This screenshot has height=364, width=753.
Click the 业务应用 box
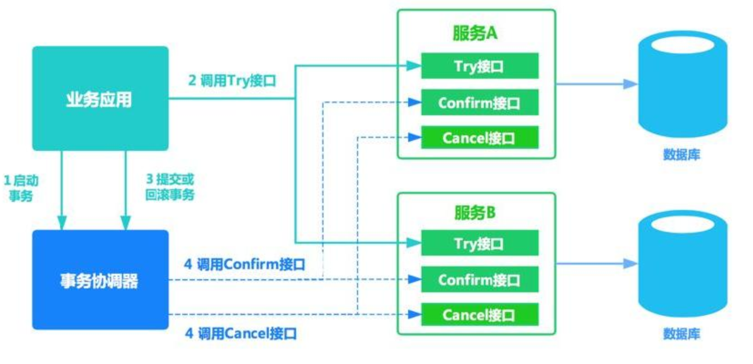(100, 98)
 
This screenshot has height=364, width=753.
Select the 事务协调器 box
(100, 280)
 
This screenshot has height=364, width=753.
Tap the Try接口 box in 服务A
(479, 66)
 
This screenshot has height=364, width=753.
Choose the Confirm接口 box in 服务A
(479, 103)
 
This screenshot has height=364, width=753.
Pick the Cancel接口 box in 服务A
(479, 138)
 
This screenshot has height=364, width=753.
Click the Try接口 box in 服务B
(479, 243)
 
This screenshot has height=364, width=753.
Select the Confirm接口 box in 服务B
(479, 279)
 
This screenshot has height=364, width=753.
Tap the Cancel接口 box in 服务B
(479, 314)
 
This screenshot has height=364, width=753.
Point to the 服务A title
(475, 33)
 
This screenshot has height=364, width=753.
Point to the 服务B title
(475, 213)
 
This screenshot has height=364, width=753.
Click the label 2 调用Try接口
(232, 81)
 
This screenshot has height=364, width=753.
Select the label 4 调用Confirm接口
(245, 264)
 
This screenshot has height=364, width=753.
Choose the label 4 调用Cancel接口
(241, 333)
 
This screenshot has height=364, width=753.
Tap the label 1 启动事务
(21, 188)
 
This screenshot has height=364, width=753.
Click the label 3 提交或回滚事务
(170, 187)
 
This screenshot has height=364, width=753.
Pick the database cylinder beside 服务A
(682, 84)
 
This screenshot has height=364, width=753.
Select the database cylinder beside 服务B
(682, 264)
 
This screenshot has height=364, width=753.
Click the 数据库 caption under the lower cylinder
(681, 334)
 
